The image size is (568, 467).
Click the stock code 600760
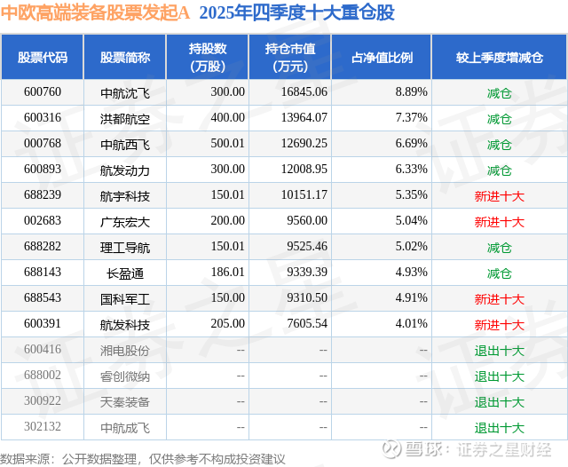click(x=43, y=92)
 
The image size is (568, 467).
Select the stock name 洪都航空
click(x=125, y=118)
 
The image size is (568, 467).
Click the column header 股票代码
click(x=43, y=58)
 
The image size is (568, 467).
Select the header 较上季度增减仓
click(x=500, y=58)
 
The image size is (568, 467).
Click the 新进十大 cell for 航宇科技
click(x=500, y=195)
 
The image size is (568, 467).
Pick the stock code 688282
click(x=43, y=247)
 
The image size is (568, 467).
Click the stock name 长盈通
click(x=125, y=273)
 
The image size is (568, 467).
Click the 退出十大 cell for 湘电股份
click(x=500, y=350)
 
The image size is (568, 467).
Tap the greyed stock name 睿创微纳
click(x=125, y=376)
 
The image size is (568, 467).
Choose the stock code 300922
click(x=43, y=401)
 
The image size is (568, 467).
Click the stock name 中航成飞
click(x=125, y=427)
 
